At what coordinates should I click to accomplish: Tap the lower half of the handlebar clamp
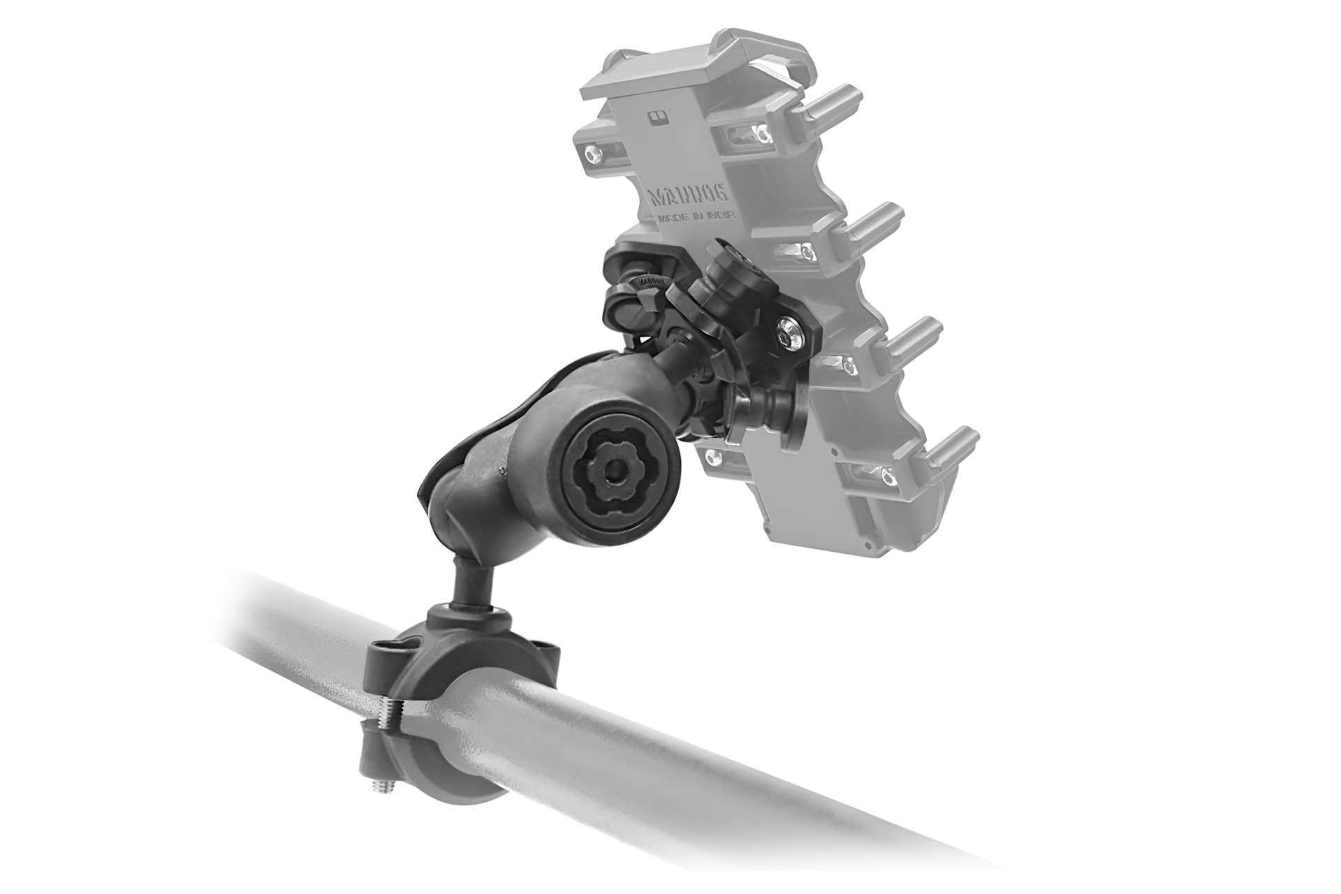click(x=412, y=775)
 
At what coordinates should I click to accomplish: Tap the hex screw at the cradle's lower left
click(x=712, y=457)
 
